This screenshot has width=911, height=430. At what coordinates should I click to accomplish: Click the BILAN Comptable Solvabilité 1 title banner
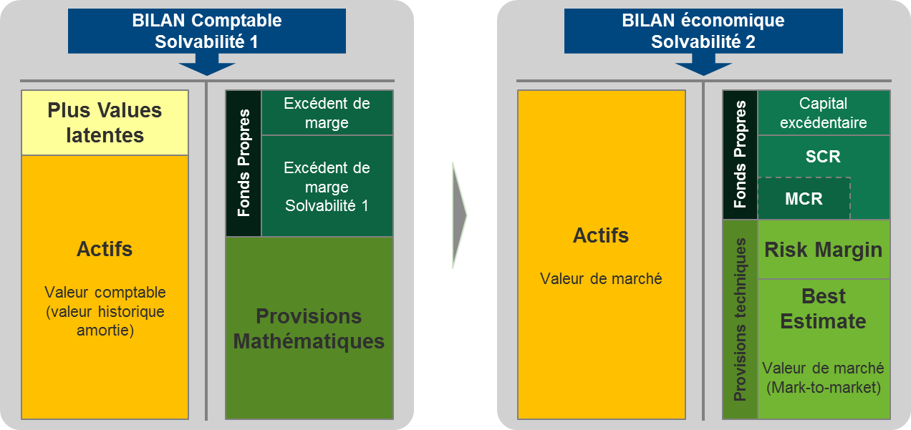(206, 31)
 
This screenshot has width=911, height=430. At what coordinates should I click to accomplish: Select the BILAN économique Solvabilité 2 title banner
(703, 31)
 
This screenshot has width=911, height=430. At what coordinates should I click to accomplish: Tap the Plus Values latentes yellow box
(105, 122)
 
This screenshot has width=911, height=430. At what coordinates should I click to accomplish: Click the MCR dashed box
(804, 198)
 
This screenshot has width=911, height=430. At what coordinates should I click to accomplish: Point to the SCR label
(823, 157)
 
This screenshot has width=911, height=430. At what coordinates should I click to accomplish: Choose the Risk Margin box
(824, 250)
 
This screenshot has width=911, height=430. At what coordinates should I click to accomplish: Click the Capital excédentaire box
(824, 112)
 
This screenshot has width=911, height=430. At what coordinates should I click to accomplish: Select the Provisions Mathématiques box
(309, 328)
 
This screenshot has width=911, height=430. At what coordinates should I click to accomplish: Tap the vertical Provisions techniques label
(740, 319)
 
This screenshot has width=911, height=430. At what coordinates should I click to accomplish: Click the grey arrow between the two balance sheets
(459, 215)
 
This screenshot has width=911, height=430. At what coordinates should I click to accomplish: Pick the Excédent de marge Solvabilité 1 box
(327, 186)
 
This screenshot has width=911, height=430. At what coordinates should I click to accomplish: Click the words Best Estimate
(823, 308)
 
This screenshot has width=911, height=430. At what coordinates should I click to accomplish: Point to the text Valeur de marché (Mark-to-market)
(823, 378)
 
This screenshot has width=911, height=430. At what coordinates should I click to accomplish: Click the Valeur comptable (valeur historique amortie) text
(105, 311)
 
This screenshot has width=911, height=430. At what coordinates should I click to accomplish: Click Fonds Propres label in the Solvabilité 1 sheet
(244, 162)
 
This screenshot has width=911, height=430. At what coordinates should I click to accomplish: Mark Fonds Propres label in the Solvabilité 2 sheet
(740, 155)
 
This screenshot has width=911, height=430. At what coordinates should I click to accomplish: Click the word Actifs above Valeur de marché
(601, 235)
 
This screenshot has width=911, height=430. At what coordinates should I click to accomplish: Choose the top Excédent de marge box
(327, 112)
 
